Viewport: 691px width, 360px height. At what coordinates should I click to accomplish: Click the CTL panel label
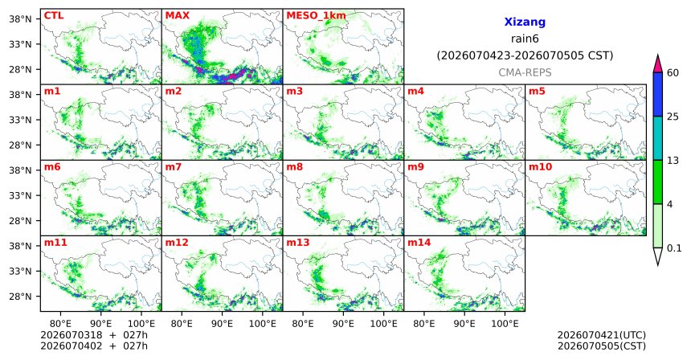coord(54,16)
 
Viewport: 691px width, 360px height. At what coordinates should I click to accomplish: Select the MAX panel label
coord(177,16)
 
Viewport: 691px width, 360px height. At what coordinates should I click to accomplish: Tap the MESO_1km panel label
coord(316,16)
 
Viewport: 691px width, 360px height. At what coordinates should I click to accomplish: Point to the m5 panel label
coord(537,92)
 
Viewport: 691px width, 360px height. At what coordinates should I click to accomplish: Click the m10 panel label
coord(540,167)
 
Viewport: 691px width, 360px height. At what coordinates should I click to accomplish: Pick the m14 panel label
coord(419,243)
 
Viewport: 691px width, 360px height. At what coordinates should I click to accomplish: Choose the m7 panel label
coord(174,167)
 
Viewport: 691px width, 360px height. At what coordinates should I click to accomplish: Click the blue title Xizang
coord(525,22)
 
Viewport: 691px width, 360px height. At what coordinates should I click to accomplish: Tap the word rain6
coord(525,39)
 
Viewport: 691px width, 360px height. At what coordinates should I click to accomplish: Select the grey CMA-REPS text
coord(525,72)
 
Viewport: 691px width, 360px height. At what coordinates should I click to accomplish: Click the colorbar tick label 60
coord(673,73)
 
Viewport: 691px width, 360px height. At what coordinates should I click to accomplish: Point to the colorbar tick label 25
coord(673,117)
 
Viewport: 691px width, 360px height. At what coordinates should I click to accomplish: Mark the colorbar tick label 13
coord(673,161)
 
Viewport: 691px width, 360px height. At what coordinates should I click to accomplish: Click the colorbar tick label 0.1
coord(674,248)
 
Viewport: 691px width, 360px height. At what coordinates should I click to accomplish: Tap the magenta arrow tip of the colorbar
coord(658,55)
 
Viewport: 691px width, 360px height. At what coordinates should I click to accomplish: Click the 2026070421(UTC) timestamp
coord(602,336)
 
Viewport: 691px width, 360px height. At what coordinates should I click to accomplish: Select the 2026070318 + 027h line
coord(94,335)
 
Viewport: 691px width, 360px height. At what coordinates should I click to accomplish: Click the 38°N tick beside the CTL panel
coord(20,19)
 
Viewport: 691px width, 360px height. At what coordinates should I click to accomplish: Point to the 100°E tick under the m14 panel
coord(505,324)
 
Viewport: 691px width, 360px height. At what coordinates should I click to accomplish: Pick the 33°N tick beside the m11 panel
coord(20,271)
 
